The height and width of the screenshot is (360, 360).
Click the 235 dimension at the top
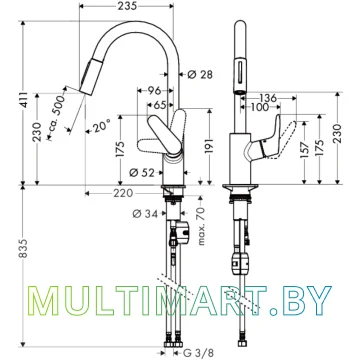pyautogui.click(x=127, y=6)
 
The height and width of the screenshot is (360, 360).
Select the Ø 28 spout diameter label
pyautogui.click(x=200, y=74)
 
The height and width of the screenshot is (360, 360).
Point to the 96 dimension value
pyautogui.click(x=154, y=90)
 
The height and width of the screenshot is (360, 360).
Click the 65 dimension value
pyautogui.click(x=160, y=105)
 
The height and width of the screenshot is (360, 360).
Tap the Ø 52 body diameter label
pyautogui.click(x=142, y=172)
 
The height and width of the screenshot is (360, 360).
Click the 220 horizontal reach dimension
pyautogui.click(x=123, y=193)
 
